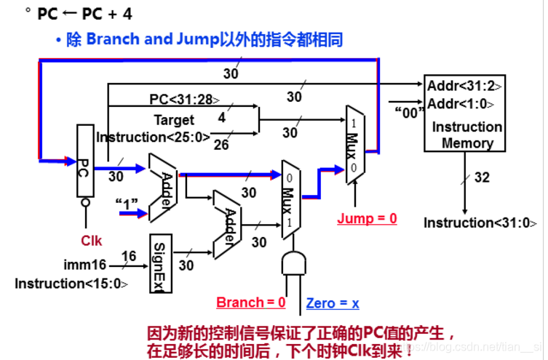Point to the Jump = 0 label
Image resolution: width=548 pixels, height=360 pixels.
pos(368,218)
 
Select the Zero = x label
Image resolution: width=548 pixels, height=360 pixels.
pos(333,303)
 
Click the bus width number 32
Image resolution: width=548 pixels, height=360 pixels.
pos(482,177)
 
